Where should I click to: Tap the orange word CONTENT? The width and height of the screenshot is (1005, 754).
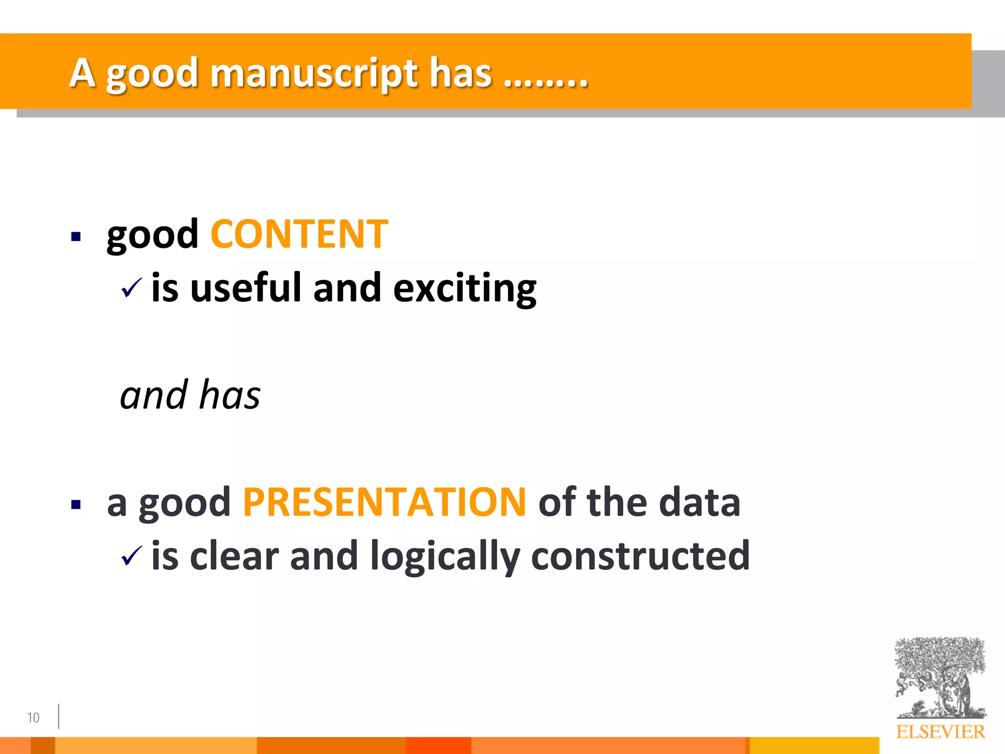pyautogui.click(x=299, y=235)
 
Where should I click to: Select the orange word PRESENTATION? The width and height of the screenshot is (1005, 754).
pyautogui.click(x=384, y=502)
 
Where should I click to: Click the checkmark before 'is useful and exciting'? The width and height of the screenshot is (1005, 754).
pyautogui.click(x=131, y=288)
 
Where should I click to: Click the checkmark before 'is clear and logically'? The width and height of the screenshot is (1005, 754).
pyautogui.click(x=131, y=556)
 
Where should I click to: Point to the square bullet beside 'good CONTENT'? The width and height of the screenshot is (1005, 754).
pyautogui.click(x=76, y=237)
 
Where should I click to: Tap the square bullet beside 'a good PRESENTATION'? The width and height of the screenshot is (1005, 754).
pyautogui.click(x=76, y=505)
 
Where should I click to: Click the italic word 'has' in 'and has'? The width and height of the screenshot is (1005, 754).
pyautogui.click(x=230, y=395)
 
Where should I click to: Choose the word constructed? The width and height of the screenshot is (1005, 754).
pyautogui.click(x=640, y=556)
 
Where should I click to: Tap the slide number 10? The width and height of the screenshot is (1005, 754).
pyautogui.click(x=33, y=718)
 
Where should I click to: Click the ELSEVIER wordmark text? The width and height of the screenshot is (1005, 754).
pyautogui.click(x=940, y=732)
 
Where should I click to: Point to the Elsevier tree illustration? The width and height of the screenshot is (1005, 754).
pyautogui.click(x=940, y=677)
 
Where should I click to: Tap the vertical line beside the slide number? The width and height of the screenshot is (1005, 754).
pyautogui.click(x=58, y=716)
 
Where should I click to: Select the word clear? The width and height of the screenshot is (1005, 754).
pyautogui.click(x=234, y=556)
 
